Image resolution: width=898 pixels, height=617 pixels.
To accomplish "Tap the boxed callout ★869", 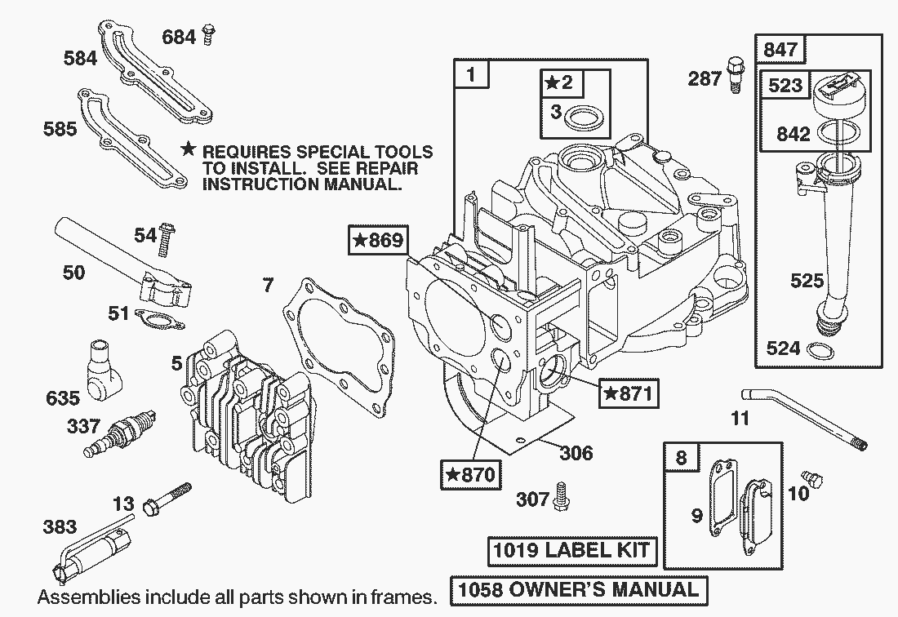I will (x=376, y=241).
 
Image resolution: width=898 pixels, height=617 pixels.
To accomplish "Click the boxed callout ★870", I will (x=469, y=474).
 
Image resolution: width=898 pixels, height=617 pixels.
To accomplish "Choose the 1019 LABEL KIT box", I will (x=571, y=550).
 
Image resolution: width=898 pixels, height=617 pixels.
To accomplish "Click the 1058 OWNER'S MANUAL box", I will (x=579, y=589).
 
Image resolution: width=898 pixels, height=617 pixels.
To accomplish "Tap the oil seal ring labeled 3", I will (x=585, y=118).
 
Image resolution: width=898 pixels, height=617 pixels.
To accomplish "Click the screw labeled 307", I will (x=562, y=495).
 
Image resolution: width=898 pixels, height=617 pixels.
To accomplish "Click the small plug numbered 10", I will (x=811, y=477).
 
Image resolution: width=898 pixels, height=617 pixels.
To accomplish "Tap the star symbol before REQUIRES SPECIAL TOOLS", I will (x=189, y=149).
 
